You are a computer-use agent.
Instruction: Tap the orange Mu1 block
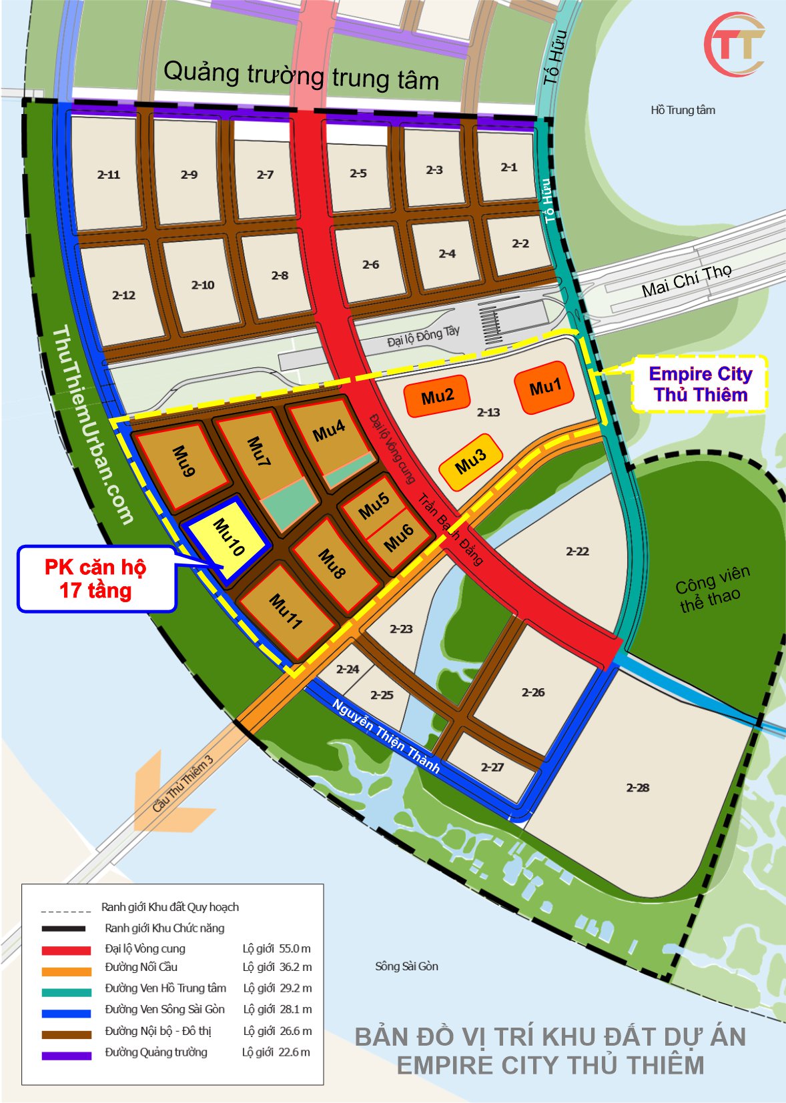click(x=544, y=387)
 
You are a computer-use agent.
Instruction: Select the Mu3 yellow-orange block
click(x=470, y=461)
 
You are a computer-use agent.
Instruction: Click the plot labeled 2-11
click(x=109, y=175)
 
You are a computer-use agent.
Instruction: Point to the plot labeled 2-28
click(x=637, y=788)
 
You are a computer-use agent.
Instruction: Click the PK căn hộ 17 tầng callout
click(x=96, y=578)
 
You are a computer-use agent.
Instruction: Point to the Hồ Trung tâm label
click(x=683, y=110)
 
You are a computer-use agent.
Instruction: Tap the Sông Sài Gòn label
click(x=406, y=966)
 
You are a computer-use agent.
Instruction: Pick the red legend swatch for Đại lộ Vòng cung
click(x=66, y=950)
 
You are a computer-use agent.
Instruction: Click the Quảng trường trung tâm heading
click(x=301, y=75)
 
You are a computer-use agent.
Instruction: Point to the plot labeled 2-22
click(x=577, y=551)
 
